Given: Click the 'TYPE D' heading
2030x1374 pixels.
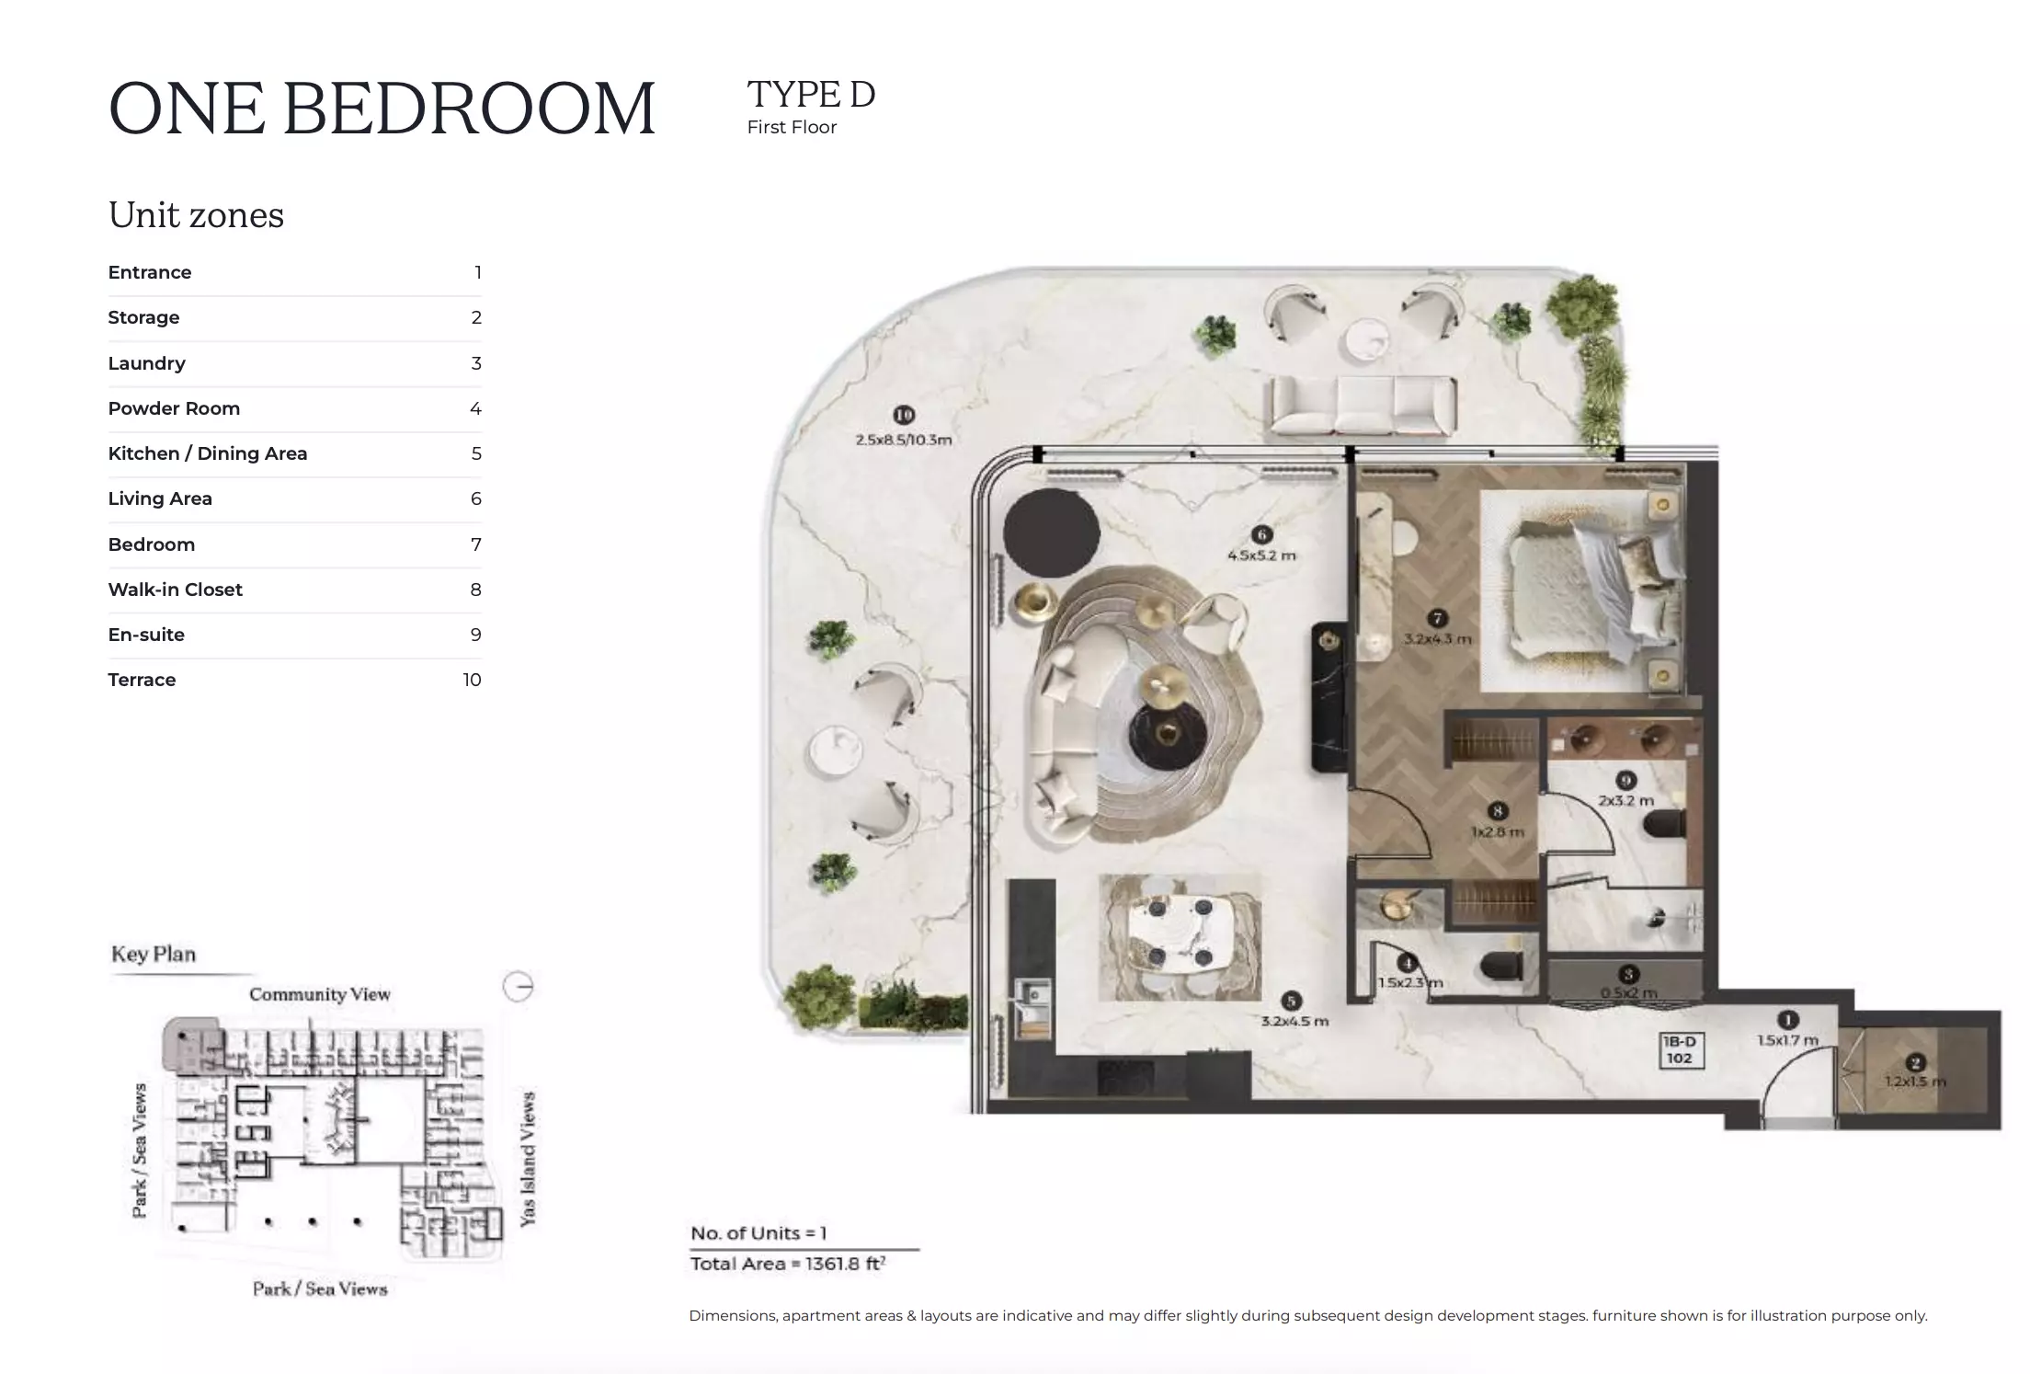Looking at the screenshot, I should pyautogui.click(x=810, y=94).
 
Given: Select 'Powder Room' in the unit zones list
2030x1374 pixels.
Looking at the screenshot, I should pyautogui.click(x=174, y=408).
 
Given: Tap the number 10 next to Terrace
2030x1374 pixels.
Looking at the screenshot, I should pyautogui.click(x=472, y=680).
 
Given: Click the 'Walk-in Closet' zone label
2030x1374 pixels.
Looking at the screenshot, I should pyautogui.click(x=175, y=590).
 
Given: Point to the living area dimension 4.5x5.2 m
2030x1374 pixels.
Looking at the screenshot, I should pyautogui.click(x=1261, y=555).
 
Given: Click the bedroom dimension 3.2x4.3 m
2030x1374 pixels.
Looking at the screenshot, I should pyautogui.click(x=1437, y=638).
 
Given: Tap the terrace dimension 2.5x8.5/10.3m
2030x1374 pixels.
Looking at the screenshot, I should pyautogui.click(x=903, y=440).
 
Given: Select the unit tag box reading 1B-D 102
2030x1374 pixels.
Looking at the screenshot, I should pyautogui.click(x=1679, y=1050).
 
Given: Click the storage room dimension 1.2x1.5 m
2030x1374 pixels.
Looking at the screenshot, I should pyautogui.click(x=1915, y=1082).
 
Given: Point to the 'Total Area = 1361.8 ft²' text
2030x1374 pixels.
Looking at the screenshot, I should pyautogui.click(x=787, y=1264).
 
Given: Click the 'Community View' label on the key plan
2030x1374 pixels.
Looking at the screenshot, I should pyautogui.click(x=319, y=994).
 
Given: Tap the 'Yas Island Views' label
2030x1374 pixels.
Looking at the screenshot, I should pyautogui.click(x=528, y=1159).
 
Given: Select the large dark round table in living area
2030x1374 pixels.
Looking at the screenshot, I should pyautogui.click(x=1051, y=533).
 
